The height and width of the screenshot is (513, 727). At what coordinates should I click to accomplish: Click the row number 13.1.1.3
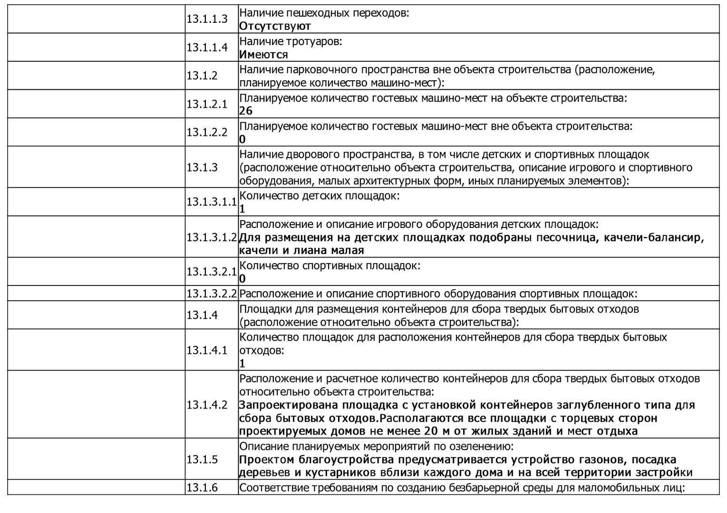(207, 19)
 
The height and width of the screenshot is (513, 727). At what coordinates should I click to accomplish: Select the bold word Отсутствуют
(275, 26)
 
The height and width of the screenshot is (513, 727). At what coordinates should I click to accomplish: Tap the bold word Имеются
(263, 55)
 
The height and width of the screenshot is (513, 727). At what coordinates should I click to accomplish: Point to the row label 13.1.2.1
(207, 104)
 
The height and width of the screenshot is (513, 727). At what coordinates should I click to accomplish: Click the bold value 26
(246, 111)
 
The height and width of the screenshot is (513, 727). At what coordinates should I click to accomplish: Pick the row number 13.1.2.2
(207, 132)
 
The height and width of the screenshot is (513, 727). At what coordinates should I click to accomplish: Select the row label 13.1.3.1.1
(211, 202)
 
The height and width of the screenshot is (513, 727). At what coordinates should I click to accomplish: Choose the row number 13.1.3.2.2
(211, 294)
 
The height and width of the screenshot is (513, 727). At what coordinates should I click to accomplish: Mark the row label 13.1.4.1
(207, 350)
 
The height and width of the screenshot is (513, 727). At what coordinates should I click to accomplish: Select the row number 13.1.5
(202, 459)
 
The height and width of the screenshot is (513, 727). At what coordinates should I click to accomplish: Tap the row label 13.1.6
(202, 487)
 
